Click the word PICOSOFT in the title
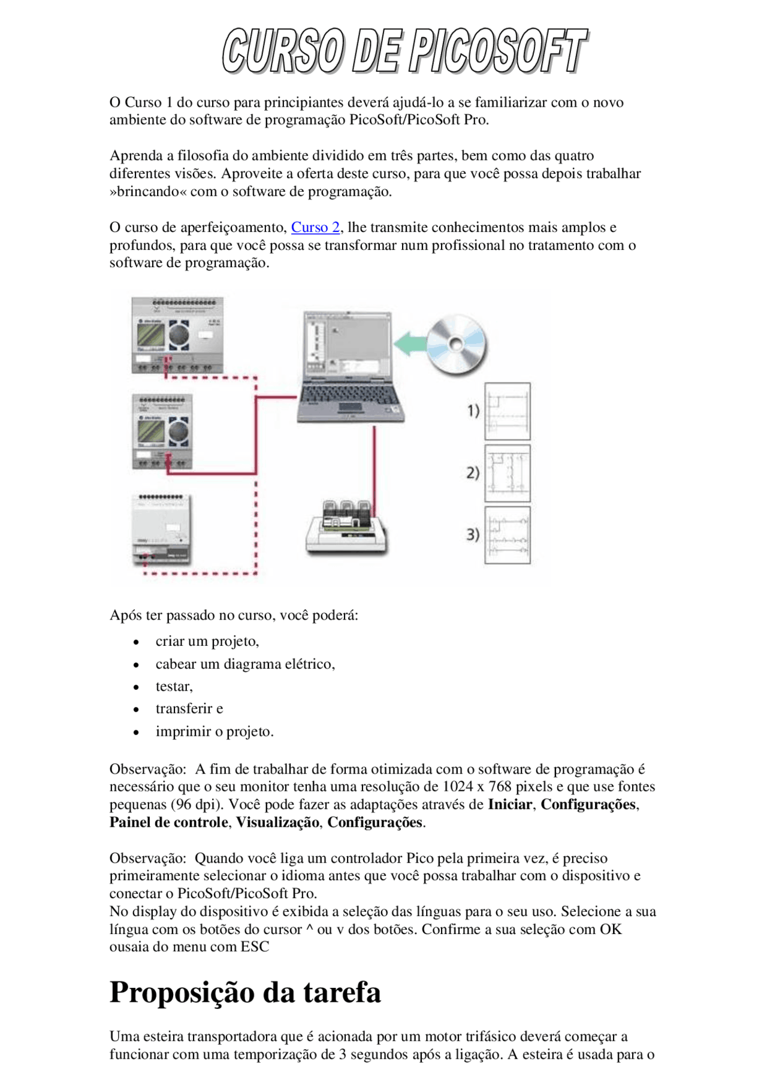[x=499, y=51]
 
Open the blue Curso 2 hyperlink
[x=315, y=228]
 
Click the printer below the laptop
[x=346, y=527]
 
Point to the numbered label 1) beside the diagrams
[x=473, y=411]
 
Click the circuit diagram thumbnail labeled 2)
[x=507, y=473]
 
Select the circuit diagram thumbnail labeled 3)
[x=507, y=535]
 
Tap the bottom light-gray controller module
[x=162, y=528]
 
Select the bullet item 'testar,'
[x=174, y=687]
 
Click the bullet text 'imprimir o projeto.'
[x=215, y=732]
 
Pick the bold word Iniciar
[x=509, y=805]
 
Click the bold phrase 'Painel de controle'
[x=169, y=823]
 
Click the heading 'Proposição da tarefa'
[x=245, y=992]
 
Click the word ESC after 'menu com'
[x=255, y=947]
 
